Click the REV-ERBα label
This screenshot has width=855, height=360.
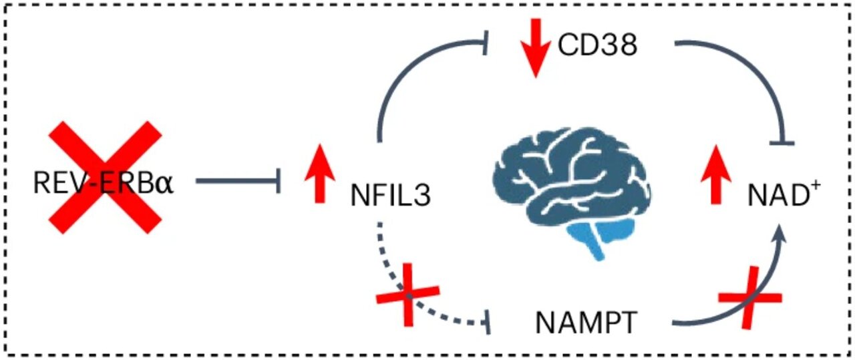point(104,181)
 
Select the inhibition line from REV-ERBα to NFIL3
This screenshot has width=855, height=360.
point(234,180)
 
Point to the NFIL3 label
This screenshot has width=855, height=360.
point(390,196)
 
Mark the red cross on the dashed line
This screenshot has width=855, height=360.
point(408,295)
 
